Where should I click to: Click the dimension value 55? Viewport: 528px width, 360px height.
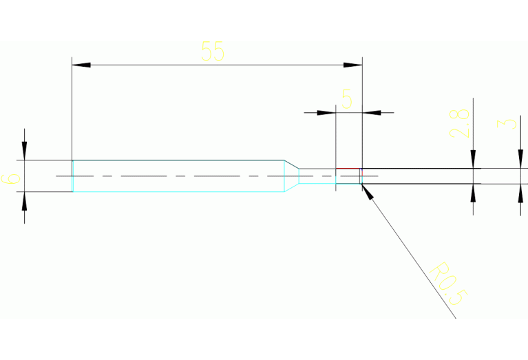(x=213, y=52)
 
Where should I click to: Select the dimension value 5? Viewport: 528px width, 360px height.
(x=347, y=100)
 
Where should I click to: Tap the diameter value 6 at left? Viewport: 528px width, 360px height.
(x=12, y=178)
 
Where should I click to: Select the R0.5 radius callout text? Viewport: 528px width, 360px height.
(x=449, y=284)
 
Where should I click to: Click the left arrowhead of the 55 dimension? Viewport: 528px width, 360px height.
(x=81, y=65)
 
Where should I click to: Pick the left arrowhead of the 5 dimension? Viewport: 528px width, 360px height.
(x=326, y=112)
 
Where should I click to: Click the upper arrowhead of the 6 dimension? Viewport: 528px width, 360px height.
(x=25, y=151)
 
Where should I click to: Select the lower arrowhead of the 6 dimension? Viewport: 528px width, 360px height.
(x=25, y=201)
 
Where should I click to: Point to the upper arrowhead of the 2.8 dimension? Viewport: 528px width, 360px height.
(x=473, y=159)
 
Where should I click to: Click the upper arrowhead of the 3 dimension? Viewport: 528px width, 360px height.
(x=520, y=158)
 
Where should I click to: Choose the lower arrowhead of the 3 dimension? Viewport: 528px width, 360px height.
(x=520, y=193)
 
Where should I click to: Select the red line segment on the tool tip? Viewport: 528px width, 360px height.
(x=348, y=169)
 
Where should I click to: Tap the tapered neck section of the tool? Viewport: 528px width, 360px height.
(x=292, y=176)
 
